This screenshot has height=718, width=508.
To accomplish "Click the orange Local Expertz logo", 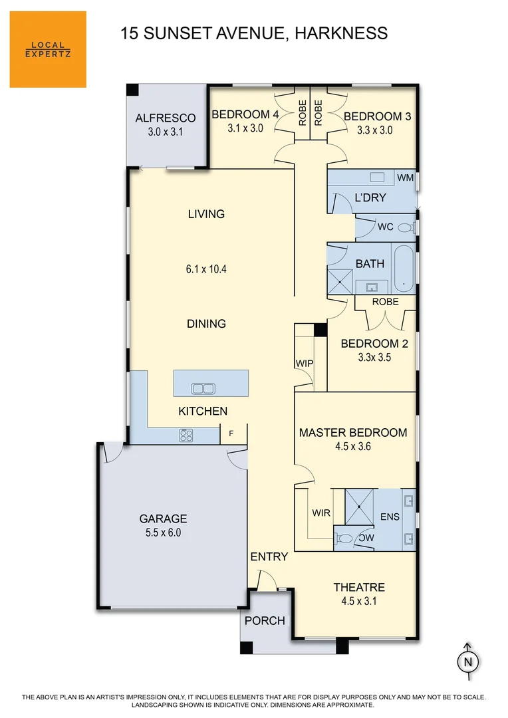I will pyautogui.click(x=48, y=49).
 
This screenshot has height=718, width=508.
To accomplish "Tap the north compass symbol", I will pyautogui.click(x=467, y=661).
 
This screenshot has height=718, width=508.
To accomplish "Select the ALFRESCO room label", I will pyautogui.click(x=165, y=118).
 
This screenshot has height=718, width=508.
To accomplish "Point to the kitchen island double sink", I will pyautogui.click(x=201, y=388).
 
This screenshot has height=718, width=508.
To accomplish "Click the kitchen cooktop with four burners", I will pyautogui.click(x=187, y=435).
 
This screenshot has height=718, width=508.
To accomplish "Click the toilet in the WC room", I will pyautogui.click(x=404, y=227).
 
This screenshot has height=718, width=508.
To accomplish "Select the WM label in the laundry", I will pyautogui.click(x=404, y=178).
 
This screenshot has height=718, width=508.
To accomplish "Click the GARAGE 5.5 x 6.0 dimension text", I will pyautogui.click(x=163, y=533).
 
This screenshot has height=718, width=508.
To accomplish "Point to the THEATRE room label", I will pyautogui.click(x=359, y=587).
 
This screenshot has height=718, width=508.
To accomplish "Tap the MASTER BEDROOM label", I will pyautogui.click(x=352, y=432).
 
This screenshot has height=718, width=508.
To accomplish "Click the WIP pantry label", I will pyautogui.click(x=304, y=363).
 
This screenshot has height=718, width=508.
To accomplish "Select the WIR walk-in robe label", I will pyautogui.click(x=321, y=513).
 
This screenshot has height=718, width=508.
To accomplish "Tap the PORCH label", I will pyautogui.click(x=265, y=621).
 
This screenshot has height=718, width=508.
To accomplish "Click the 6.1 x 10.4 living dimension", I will pyautogui.click(x=206, y=269).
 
